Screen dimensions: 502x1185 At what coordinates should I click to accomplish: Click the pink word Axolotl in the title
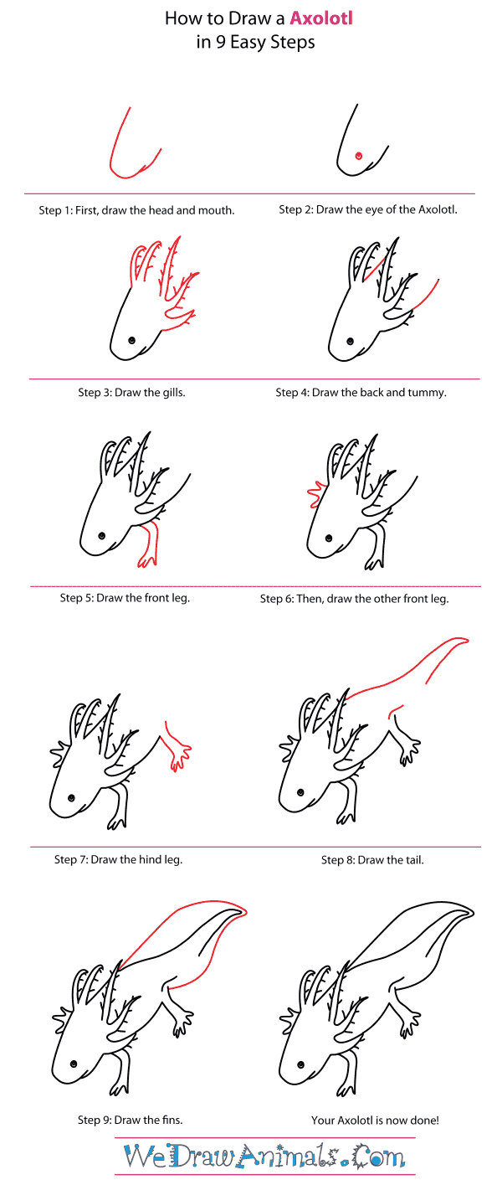click(321, 18)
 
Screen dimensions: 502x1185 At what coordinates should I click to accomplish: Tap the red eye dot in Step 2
click(359, 156)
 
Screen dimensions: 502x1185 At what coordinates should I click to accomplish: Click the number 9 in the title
click(220, 42)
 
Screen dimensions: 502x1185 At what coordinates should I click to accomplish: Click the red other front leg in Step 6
click(316, 494)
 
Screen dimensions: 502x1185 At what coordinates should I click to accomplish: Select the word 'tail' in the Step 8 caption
click(414, 860)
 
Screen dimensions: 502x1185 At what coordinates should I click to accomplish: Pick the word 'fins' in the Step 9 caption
click(172, 1120)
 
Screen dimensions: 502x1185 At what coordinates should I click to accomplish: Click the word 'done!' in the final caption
click(424, 1120)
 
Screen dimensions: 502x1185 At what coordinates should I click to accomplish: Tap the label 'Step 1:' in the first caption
click(55, 210)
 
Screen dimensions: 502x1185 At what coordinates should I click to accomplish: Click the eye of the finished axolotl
click(300, 1064)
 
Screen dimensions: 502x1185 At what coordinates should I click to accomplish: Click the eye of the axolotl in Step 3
click(131, 340)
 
